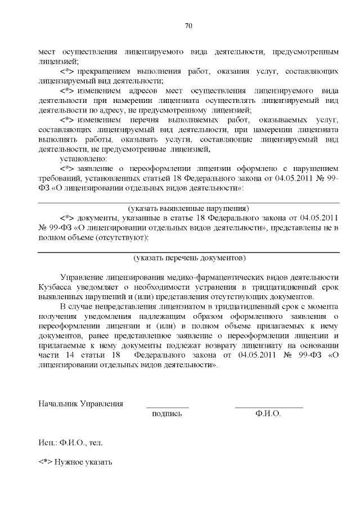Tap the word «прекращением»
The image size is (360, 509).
107,73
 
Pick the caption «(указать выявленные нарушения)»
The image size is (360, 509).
188,208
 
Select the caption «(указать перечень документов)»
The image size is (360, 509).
189,258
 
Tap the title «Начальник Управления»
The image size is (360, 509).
80,404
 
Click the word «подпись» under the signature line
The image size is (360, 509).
167,414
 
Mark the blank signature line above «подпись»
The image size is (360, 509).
167,407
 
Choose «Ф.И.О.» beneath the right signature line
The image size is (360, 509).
268,414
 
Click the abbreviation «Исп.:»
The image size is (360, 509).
48,443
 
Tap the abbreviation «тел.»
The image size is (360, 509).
96,443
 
